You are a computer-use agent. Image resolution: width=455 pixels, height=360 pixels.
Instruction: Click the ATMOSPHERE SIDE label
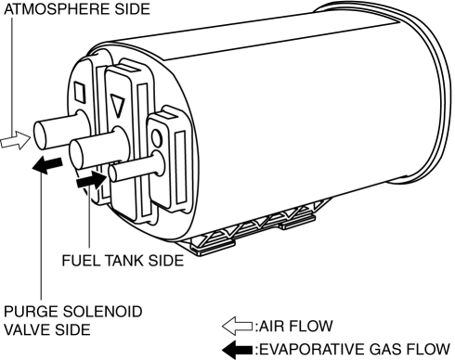click(x=77, y=9)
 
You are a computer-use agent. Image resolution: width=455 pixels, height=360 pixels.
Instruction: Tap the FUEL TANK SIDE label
click(x=123, y=261)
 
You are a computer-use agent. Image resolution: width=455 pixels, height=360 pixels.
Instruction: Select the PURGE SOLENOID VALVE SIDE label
click(x=73, y=321)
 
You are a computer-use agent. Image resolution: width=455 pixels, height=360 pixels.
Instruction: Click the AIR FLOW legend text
click(x=295, y=326)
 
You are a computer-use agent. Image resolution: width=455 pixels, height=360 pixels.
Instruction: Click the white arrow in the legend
click(x=237, y=326)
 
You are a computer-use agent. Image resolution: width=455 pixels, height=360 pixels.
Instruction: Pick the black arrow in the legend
click(x=237, y=350)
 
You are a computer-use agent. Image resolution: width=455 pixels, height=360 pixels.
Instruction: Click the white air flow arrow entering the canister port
click(x=16, y=140)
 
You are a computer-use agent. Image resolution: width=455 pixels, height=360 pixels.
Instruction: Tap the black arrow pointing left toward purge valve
click(x=47, y=165)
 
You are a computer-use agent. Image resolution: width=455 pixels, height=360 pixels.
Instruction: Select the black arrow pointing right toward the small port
click(x=92, y=179)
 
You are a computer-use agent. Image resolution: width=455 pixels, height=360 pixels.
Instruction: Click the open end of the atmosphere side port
click(x=40, y=135)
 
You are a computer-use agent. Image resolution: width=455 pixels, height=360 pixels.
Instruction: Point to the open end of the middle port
click(x=75, y=155)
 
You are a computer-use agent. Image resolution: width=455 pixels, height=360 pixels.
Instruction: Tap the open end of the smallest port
click(x=112, y=174)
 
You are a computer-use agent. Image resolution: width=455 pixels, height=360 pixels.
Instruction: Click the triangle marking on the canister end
click(x=117, y=106)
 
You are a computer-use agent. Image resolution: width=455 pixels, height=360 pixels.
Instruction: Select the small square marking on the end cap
click(x=80, y=92)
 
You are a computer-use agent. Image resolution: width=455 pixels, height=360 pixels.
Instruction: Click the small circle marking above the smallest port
click(x=157, y=138)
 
